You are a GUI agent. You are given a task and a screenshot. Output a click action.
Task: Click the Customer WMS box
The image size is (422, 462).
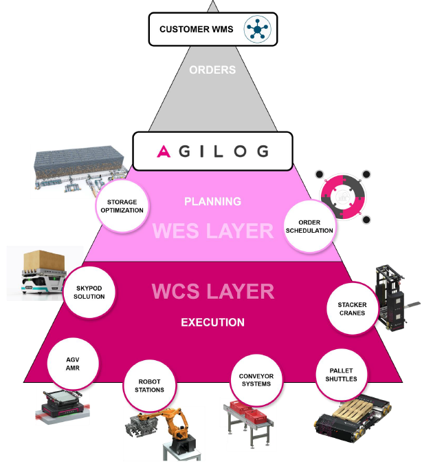point(213,29)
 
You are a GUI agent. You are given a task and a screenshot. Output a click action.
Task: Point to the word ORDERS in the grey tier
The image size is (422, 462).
point(212,70)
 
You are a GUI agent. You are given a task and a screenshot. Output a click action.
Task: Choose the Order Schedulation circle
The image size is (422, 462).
point(311,227)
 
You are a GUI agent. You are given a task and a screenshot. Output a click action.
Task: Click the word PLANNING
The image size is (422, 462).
point(212,202)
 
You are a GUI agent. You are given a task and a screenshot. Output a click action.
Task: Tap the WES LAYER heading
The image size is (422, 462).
point(213,231)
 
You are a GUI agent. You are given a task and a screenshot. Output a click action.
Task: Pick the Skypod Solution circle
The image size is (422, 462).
point(86,291)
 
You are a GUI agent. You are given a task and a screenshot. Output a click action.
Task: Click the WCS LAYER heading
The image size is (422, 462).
point(213,291)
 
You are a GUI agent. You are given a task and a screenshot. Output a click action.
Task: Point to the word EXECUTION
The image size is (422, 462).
point(212,322)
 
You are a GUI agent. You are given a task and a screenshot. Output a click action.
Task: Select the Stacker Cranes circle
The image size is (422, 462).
point(352,308)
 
